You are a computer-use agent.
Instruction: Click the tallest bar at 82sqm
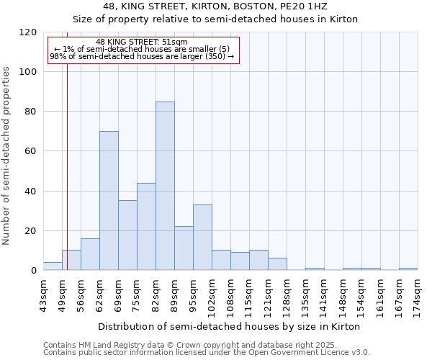[x=165, y=186]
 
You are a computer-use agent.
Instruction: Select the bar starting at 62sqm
[x=109, y=201]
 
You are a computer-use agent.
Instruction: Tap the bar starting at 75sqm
[x=146, y=227]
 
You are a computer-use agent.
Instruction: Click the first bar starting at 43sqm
[x=53, y=266]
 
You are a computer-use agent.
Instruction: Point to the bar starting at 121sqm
[x=277, y=264]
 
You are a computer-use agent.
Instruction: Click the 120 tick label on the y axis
[x=28, y=32]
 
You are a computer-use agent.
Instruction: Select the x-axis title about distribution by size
[x=228, y=326]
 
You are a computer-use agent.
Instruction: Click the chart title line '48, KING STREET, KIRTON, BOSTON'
[x=215, y=6]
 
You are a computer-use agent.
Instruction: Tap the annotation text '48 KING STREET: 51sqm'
[x=141, y=42]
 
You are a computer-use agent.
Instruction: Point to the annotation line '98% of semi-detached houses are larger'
[x=142, y=56]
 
